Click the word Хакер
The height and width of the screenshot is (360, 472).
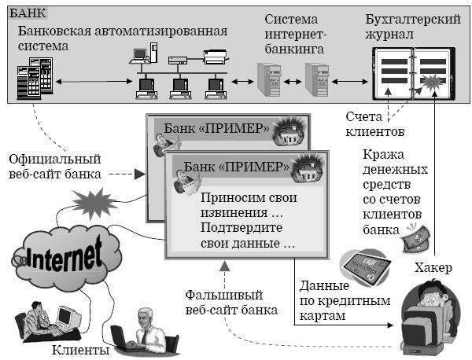click(433, 268)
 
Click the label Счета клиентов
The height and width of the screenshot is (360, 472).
click(374, 123)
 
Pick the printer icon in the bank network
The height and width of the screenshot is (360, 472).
click(214, 56)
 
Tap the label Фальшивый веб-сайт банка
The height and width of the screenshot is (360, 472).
click(231, 302)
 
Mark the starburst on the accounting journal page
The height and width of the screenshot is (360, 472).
click(433, 80)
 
